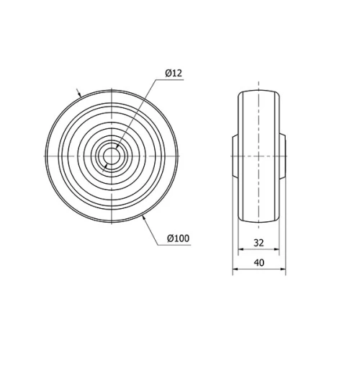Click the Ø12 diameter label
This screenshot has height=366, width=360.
174,73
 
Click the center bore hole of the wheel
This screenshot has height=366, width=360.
113,156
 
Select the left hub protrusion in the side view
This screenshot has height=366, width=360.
234,156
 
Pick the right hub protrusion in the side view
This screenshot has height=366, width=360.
284,156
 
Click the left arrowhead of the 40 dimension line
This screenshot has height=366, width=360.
234,271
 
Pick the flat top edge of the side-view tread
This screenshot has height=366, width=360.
258,91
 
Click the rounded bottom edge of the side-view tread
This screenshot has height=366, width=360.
258,220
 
